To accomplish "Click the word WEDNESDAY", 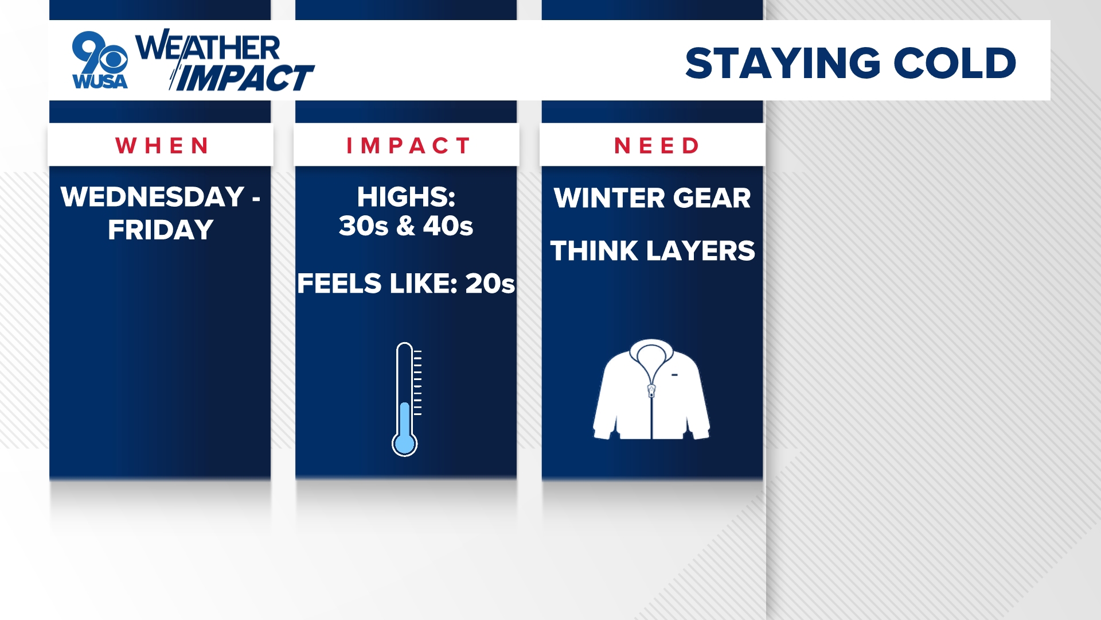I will (x=153, y=197).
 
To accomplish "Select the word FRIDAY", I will (x=161, y=230).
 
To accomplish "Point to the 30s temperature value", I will (x=364, y=226).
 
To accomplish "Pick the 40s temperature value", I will (x=448, y=226).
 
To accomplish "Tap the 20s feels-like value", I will (x=490, y=284).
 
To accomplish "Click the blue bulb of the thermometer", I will (x=404, y=444).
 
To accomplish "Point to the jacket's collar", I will (x=651, y=352).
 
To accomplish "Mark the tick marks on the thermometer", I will (x=417, y=382).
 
